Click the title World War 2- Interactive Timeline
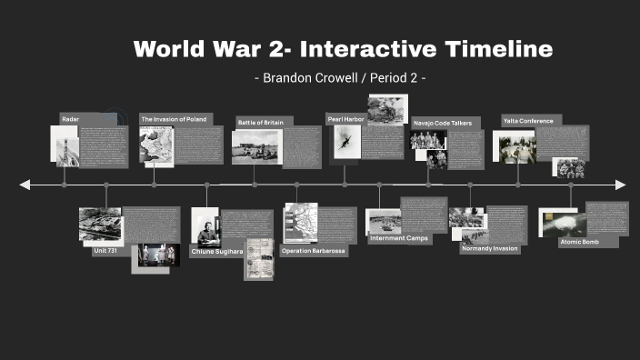(343, 49)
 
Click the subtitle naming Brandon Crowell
(341, 78)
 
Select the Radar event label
(71, 119)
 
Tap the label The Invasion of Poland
(174, 119)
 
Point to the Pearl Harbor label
(345, 118)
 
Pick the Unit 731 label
(106, 251)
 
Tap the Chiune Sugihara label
(216, 250)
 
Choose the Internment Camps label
(398, 238)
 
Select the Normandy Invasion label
(489, 248)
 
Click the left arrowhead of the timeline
(25, 185)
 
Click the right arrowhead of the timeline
(621, 185)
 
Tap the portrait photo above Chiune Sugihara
(205, 225)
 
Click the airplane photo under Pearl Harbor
(345, 142)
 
